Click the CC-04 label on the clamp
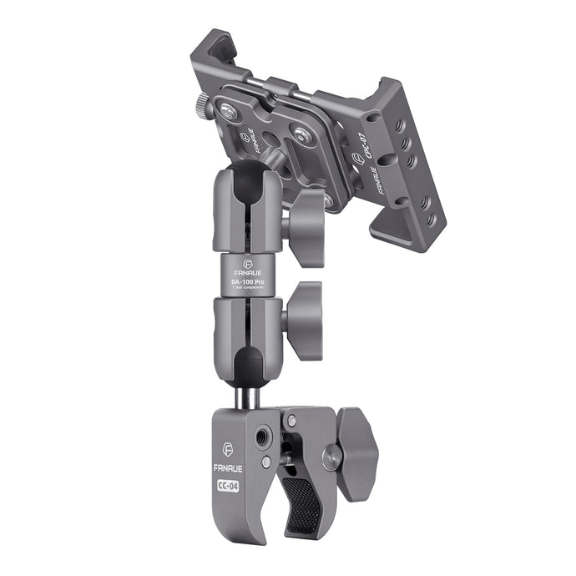[226, 486]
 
